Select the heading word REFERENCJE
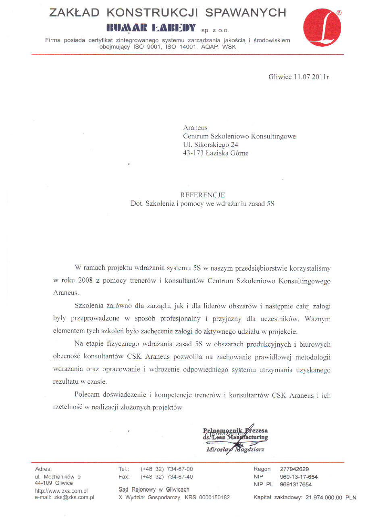click(x=203, y=195)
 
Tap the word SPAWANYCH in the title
click(x=246, y=13)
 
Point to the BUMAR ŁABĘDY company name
click(x=151, y=28)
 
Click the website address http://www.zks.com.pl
click(x=61, y=491)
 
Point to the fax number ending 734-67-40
click(x=166, y=477)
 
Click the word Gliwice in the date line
click(x=280, y=77)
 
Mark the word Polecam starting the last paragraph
click(x=87, y=395)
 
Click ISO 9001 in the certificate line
click(x=147, y=47)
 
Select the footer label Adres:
click(x=44, y=469)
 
